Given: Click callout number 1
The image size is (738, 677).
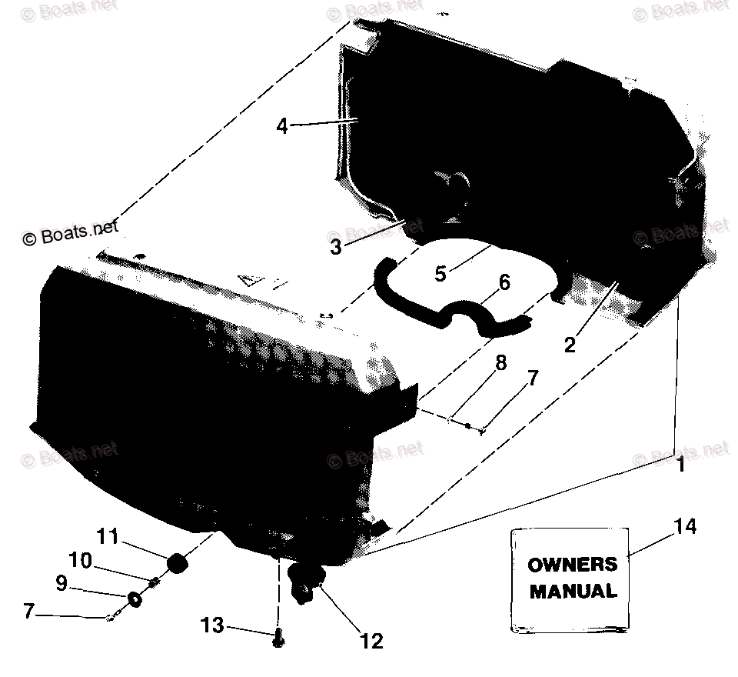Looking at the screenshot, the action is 680,465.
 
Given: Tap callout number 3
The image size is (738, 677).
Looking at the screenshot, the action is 335,247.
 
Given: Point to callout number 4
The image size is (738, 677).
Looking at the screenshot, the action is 282,125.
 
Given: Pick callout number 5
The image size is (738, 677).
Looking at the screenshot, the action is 440,273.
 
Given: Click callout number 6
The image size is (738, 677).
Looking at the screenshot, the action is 504,282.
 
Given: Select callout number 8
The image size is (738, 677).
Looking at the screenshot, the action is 500,362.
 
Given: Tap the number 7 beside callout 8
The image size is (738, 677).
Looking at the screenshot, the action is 532,379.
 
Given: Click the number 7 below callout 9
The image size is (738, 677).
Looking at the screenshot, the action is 28,612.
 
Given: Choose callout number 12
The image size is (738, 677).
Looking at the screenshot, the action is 371,640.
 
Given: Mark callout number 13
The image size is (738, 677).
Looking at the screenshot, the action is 213,625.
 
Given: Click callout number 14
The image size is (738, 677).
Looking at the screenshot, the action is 685,527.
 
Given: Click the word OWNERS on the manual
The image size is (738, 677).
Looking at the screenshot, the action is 572,565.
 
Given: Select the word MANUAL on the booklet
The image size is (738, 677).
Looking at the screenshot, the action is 573,592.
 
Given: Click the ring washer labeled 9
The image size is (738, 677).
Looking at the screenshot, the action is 135,598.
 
